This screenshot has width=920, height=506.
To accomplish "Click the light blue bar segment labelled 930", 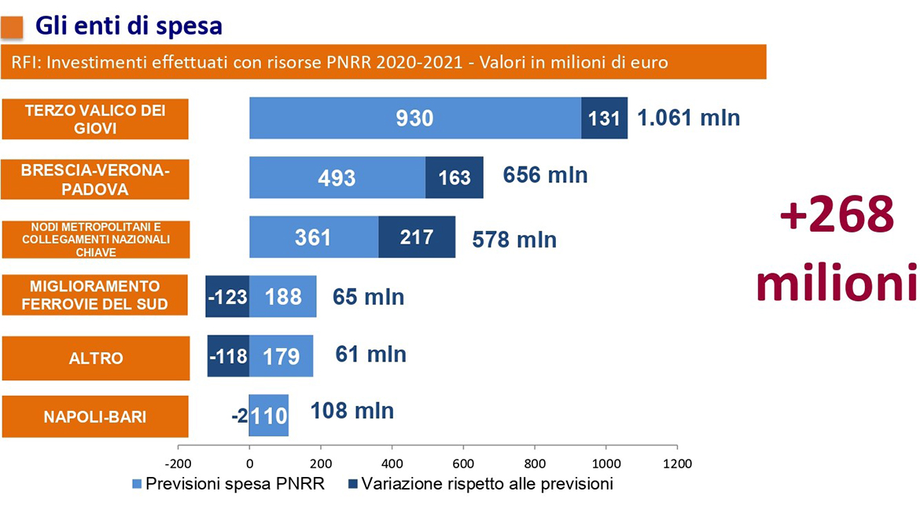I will [415, 118].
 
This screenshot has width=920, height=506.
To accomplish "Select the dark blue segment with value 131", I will [605, 118].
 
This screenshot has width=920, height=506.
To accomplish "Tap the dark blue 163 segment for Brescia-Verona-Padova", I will [454, 178].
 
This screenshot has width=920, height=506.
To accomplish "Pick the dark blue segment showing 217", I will [417, 236].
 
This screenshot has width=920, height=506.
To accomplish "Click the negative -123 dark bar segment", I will [227, 296].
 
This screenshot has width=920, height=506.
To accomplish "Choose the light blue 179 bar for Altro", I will [281, 356].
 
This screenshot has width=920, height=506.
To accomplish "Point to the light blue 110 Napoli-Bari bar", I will [269, 416].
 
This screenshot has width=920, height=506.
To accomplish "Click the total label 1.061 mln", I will [688, 118].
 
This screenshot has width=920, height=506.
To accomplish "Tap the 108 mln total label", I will [352, 411].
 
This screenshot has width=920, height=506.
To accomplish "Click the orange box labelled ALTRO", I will [95, 357].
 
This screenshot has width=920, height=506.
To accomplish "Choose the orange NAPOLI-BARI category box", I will [95, 416].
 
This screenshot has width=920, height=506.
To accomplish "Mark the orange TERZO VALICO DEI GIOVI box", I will [95, 119].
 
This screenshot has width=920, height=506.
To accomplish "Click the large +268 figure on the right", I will [837, 214].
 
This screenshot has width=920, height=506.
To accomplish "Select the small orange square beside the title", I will [12, 27].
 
